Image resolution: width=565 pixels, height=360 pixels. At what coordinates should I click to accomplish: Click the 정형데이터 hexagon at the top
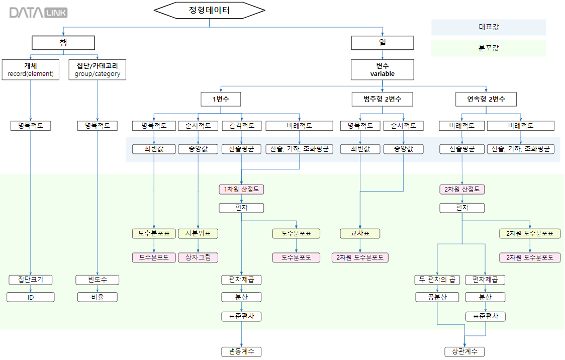[210, 10]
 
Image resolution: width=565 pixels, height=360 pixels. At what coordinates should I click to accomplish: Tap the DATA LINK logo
[38, 13]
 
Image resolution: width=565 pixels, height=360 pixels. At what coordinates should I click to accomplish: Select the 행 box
[63, 43]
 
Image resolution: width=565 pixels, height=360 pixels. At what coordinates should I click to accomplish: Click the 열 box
[383, 43]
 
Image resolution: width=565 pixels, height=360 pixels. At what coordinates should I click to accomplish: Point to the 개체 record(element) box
[31, 69]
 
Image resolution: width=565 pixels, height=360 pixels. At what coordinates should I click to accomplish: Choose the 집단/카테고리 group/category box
[98, 69]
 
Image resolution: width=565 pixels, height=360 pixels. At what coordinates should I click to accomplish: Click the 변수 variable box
[383, 69]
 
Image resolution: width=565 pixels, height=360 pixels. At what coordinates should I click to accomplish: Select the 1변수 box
[221, 99]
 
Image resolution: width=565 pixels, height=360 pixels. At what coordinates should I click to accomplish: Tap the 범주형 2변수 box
[383, 99]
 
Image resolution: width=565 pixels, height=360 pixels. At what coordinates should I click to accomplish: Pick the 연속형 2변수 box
[487, 99]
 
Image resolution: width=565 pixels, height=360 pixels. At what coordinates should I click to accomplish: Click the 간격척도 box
[242, 126]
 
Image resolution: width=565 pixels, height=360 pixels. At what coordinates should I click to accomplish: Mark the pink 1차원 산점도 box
[242, 190]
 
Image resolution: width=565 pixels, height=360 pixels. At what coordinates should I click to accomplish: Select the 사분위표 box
[198, 233]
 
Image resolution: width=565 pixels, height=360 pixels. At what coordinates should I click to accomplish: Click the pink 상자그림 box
[198, 257]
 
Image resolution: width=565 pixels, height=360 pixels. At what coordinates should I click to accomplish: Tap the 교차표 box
[360, 233]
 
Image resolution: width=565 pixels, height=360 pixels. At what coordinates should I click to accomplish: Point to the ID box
[31, 297]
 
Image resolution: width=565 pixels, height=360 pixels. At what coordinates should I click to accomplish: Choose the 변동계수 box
[242, 351]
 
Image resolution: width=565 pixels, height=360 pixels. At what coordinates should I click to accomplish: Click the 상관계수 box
[464, 351]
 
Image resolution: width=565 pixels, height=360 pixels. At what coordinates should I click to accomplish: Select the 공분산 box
[437, 297]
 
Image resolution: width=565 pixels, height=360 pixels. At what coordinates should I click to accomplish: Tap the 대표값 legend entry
[489, 27]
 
